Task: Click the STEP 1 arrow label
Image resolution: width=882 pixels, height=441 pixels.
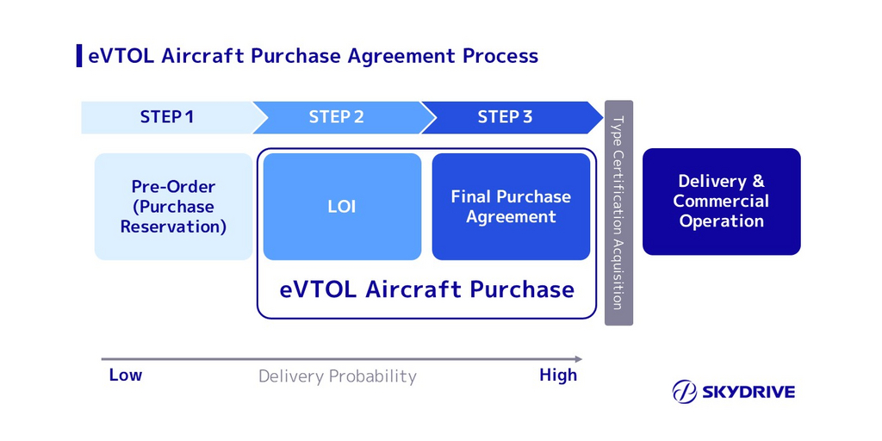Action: (x=167, y=117)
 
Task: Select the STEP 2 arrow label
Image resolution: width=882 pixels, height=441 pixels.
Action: (x=336, y=117)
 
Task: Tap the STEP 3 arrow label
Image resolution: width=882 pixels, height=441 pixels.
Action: (x=505, y=117)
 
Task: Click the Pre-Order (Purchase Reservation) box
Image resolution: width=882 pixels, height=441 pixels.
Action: (x=173, y=207)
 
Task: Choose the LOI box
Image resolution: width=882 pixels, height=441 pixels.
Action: (x=342, y=207)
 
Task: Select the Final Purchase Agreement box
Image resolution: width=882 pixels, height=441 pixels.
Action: (x=511, y=207)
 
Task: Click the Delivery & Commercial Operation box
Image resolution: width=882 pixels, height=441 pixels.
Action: (x=722, y=202)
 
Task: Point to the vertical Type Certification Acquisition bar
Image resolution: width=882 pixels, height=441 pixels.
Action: (x=618, y=213)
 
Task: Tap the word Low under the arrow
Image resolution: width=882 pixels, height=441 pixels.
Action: (x=126, y=375)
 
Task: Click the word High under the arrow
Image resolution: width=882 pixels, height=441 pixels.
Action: (x=558, y=375)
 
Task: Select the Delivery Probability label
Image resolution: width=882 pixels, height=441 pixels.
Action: (x=338, y=376)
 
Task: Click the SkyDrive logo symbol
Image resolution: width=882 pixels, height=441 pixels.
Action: (x=685, y=392)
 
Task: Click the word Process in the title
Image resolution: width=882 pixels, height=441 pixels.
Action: (x=500, y=57)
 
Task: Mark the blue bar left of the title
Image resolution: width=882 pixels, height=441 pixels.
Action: (x=79, y=56)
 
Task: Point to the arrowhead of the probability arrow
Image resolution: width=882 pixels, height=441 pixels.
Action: (x=578, y=359)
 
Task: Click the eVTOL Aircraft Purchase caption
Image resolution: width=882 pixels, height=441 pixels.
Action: (x=427, y=289)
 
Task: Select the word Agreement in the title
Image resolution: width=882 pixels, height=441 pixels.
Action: (x=401, y=57)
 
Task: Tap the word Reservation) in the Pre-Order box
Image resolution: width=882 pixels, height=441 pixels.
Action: (x=173, y=227)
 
